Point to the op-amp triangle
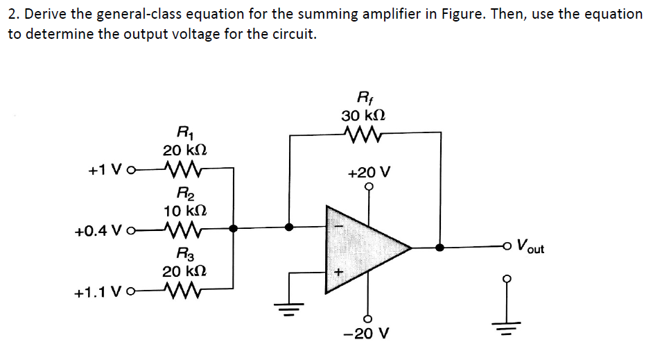coord(364,246)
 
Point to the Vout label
coord(529,247)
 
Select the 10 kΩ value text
coord(184,209)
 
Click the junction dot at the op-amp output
coord(440,246)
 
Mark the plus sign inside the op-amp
coord(339,273)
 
